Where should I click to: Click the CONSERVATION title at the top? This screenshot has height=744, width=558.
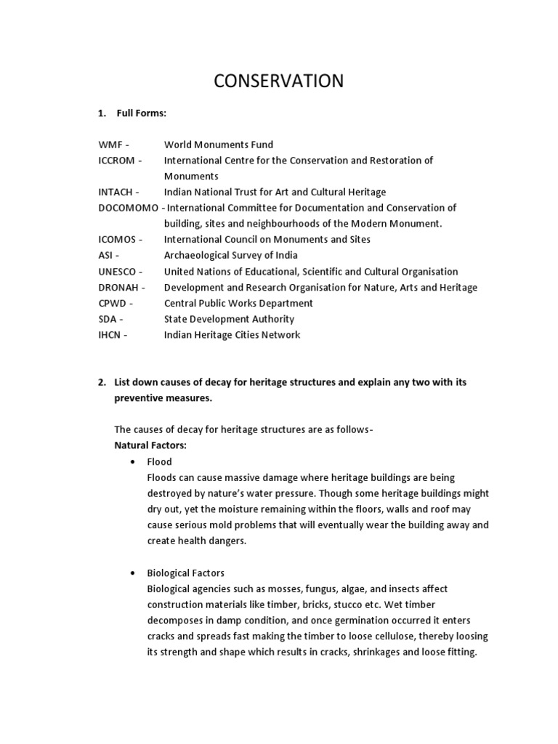[278, 81]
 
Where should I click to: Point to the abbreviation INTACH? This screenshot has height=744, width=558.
[116, 192]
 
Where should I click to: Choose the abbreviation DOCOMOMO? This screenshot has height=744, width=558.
[128, 208]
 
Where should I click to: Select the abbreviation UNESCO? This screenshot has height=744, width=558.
[117, 271]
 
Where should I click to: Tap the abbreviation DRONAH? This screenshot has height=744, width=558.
[118, 287]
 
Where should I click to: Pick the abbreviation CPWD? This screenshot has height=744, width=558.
[113, 303]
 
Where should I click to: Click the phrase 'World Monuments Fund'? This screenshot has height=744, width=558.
[219, 145]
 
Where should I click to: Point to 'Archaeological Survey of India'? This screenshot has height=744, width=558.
[231, 255]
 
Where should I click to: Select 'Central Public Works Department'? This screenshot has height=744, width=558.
[238, 303]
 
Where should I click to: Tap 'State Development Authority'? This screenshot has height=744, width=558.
[229, 319]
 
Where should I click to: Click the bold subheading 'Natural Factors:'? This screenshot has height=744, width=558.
[150, 444]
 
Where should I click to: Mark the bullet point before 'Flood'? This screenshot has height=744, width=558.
[132, 462]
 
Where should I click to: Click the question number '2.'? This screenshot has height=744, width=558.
[102, 382]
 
